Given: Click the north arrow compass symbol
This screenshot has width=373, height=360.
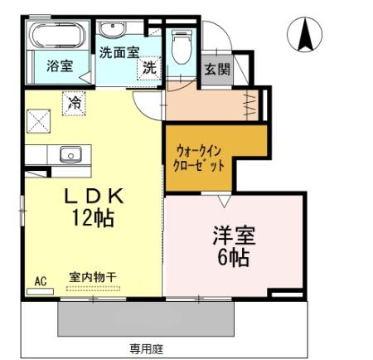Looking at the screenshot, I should click(305, 32).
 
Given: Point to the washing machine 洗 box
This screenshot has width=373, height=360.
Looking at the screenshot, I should click(149, 68).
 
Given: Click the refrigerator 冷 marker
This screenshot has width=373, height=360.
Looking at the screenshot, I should click(75, 104).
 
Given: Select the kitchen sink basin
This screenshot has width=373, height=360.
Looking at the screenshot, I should click(70, 153).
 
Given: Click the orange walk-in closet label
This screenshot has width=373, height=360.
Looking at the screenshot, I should click(200, 158).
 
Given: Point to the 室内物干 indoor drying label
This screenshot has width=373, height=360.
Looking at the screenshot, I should click(92, 280).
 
